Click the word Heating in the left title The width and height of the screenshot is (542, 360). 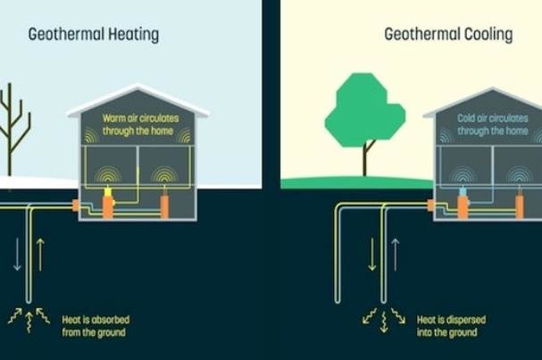pos(134,35)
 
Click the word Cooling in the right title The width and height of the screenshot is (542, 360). pos(488,35)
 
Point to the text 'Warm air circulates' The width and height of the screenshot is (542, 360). pos(141,118)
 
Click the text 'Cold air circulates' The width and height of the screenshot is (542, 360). pos(493,118)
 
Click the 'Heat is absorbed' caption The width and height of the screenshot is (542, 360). pos(96,320)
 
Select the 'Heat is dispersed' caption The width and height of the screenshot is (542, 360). pos(451,320)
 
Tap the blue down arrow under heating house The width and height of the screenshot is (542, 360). pos(17,255)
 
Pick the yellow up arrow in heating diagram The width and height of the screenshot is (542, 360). pos(40,255)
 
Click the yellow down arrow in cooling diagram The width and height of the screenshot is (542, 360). pos(372,255)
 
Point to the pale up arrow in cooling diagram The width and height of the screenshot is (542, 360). pos(395,255)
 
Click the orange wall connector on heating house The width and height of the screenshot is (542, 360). pos(76,205)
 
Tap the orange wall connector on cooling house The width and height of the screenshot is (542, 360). pos(430,205)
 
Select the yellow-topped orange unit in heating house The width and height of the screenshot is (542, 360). pos(108,204)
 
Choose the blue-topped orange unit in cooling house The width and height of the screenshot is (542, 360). pos(463,204)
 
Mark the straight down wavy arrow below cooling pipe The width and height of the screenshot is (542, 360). pos(384,322)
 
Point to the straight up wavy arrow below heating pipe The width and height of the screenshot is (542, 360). pos(29,322)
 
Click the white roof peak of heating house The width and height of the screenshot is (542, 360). pos(138,87)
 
